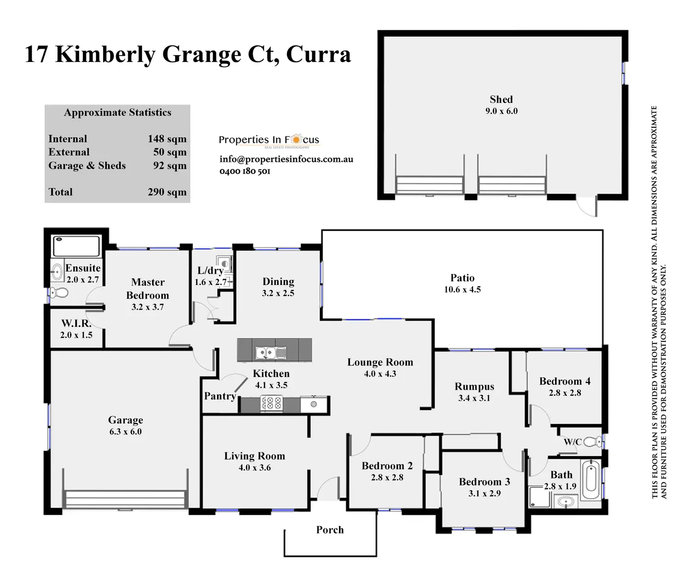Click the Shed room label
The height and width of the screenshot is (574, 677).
[501, 99]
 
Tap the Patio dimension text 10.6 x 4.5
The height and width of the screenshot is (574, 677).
[462, 290]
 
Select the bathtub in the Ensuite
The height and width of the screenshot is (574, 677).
[76, 246]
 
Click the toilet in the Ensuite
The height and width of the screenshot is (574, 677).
[59, 292]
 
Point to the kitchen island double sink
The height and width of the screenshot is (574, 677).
[270, 352]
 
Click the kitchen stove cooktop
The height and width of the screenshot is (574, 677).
[271, 404]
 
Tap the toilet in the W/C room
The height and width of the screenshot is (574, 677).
[593, 442]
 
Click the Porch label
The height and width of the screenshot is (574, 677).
[330, 530]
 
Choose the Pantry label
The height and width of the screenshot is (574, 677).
[220, 396]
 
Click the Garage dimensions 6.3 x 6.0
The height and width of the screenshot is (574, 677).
[126, 432]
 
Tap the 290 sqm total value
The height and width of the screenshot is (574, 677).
[167, 192]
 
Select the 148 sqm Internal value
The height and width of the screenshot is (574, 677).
[167, 139]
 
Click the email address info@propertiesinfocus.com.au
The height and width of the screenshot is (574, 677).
[286, 159]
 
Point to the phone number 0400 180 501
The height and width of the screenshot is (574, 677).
[245, 171]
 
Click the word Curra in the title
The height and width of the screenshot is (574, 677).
[318, 54]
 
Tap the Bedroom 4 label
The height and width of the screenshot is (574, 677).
[565, 381]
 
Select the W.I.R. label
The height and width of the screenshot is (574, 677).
[76, 324]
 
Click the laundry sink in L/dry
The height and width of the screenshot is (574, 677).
[224, 264]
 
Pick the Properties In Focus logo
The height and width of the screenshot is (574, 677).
[269, 140]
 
